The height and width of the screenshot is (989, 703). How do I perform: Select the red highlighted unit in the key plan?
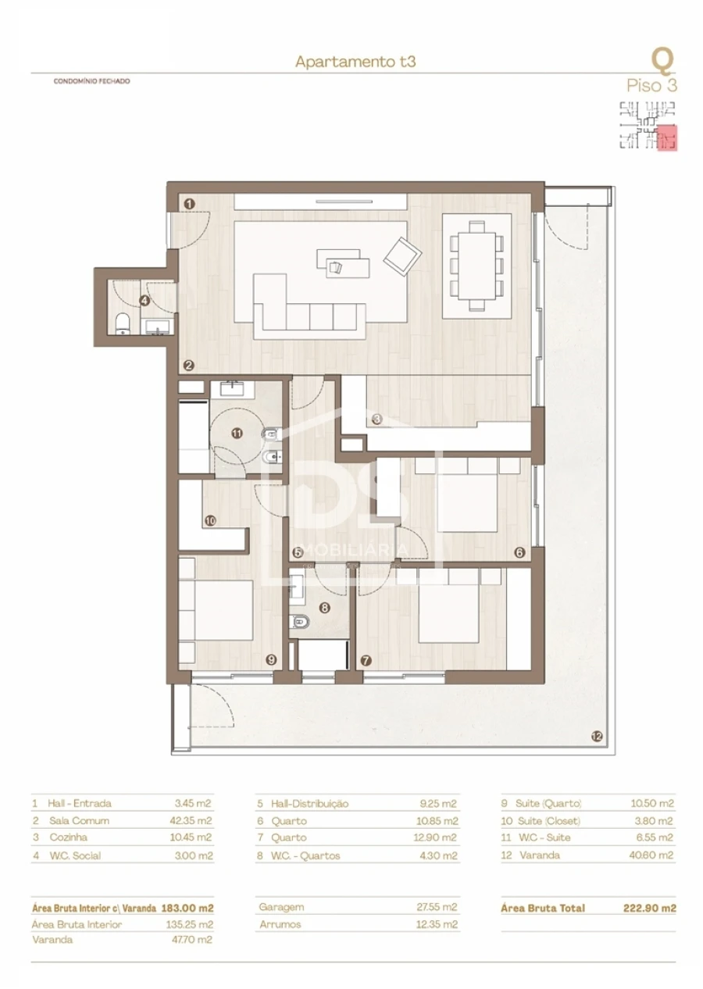[666, 137]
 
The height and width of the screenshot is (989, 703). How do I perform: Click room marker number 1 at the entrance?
[189, 204]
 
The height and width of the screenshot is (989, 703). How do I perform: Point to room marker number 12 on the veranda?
[598, 736]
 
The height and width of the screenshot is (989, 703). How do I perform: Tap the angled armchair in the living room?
[402, 255]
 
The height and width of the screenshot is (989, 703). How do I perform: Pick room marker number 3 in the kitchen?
[376, 419]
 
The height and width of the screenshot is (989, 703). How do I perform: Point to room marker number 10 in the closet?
[210, 519]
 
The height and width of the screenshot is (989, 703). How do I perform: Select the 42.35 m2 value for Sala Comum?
[193, 820]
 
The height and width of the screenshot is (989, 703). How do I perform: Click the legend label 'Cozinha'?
[66, 837]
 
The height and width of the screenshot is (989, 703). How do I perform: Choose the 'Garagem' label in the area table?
[280, 908]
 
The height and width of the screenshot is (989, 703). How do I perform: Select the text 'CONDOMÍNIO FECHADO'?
[91, 81]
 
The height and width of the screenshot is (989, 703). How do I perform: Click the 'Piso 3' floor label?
[651, 86]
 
